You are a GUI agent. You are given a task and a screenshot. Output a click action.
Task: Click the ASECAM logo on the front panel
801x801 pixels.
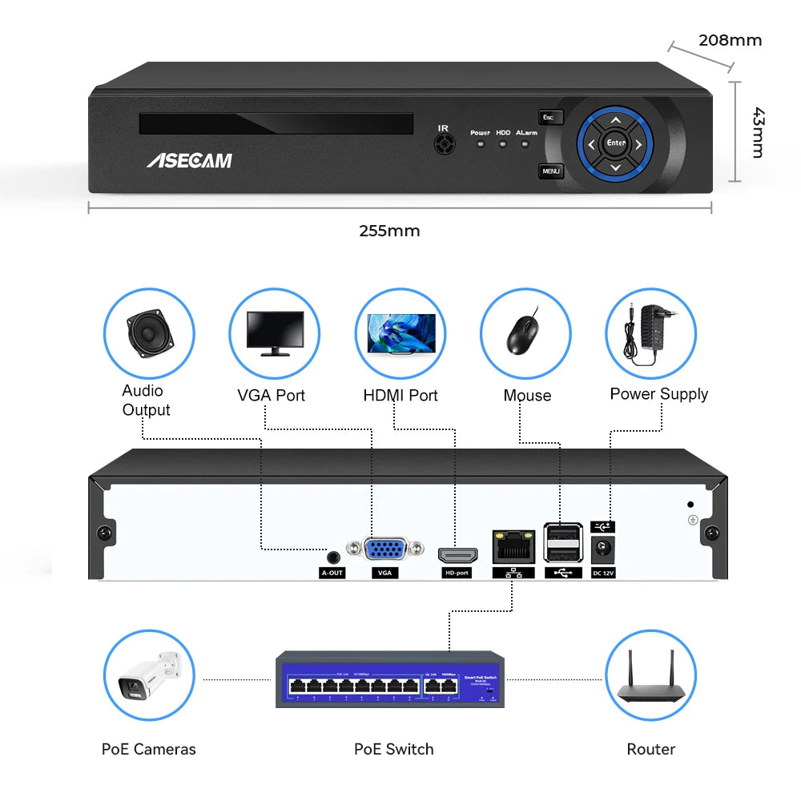pyautogui.click(x=189, y=160)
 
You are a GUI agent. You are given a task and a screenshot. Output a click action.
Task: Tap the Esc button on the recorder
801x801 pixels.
pyautogui.click(x=550, y=118)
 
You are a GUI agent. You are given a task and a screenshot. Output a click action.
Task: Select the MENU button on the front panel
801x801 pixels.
pyautogui.click(x=551, y=171)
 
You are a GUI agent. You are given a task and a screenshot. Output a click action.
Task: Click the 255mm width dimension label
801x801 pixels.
pyautogui.click(x=389, y=231)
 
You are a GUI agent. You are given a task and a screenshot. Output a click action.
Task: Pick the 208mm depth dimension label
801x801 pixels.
pyautogui.click(x=730, y=40)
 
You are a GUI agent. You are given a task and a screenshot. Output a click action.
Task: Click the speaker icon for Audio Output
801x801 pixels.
pyautogui.click(x=149, y=332)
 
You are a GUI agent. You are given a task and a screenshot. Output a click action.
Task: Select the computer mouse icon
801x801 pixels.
pyautogui.click(x=525, y=332)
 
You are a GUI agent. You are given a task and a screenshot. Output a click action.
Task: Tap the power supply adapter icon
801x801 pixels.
pyautogui.click(x=650, y=332)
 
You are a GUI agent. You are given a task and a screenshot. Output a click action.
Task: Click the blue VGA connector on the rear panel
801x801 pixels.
pyautogui.click(x=384, y=550)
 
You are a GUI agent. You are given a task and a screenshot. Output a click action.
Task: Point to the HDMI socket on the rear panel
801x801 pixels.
pyautogui.click(x=457, y=553)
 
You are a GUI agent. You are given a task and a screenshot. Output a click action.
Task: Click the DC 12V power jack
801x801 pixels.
pyautogui.click(x=602, y=549)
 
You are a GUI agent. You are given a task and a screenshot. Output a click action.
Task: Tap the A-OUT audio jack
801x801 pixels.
pyautogui.click(x=332, y=555)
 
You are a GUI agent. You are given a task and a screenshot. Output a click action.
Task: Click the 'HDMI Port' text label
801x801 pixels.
pyautogui.click(x=400, y=395)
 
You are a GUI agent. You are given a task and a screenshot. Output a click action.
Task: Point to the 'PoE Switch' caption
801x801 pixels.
pyautogui.click(x=394, y=749)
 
